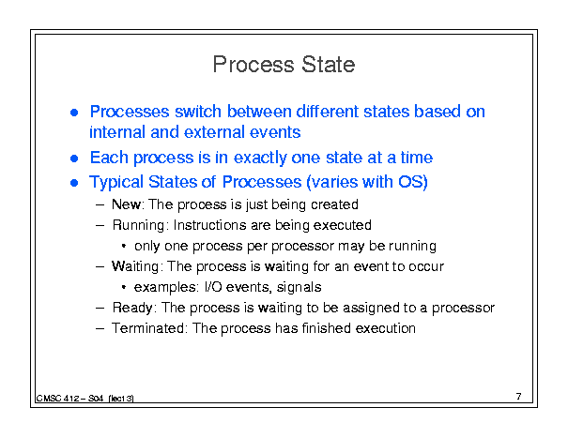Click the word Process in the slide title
tap(253, 65)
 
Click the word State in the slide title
tap(328, 65)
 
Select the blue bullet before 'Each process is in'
tap(74, 159)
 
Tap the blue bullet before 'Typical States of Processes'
tap(74, 183)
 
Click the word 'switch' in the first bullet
tap(198, 111)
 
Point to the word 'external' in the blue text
tap(215, 132)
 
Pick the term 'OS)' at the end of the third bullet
tap(412, 182)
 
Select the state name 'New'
tap(126, 204)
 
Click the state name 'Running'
tap(138, 225)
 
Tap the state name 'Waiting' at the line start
tap(135, 266)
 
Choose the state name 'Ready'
tap(132, 308)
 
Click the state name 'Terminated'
tap(147, 328)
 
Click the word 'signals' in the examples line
tap(299, 287)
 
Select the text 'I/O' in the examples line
tap(213, 287)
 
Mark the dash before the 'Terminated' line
tap(100, 328)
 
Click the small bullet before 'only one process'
tap(124, 246)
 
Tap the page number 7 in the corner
tap(519, 397)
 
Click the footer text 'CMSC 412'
tap(58, 399)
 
